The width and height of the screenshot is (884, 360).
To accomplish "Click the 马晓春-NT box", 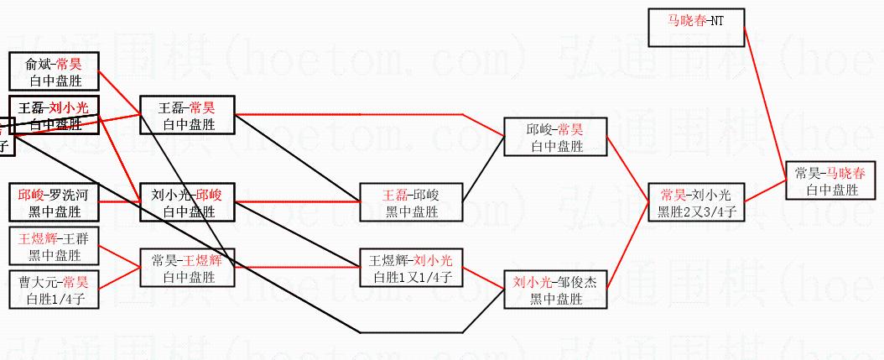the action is click(x=695, y=27).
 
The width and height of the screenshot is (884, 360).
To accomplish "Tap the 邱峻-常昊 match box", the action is click(x=555, y=138).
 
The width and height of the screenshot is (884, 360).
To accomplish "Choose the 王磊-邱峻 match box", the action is click(x=411, y=202).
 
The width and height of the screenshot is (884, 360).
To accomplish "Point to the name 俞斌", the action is click(x=39, y=63).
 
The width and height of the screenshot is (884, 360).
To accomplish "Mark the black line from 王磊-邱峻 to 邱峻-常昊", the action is click(x=483, y=175).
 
